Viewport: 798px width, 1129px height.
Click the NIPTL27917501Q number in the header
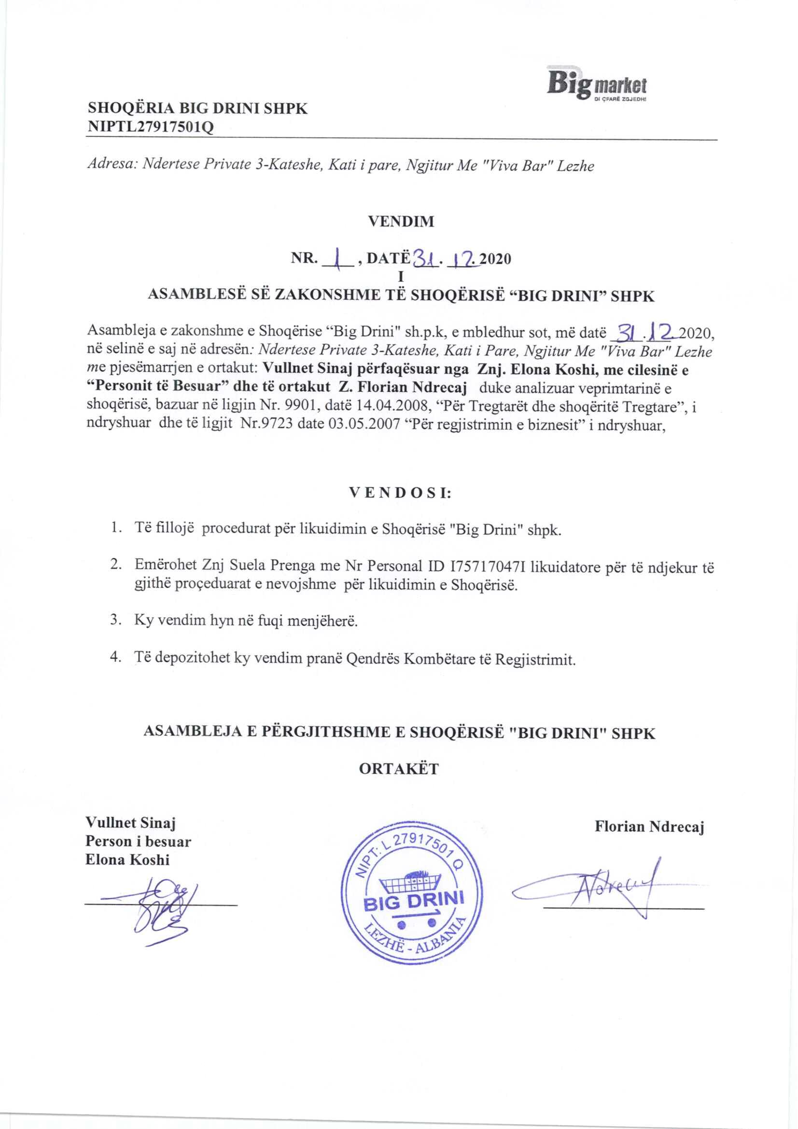151,127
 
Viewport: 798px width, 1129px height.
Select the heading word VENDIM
401,221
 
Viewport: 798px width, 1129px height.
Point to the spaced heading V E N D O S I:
400,493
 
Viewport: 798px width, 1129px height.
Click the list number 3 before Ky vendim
115,620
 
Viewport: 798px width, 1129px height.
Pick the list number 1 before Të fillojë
115,529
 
